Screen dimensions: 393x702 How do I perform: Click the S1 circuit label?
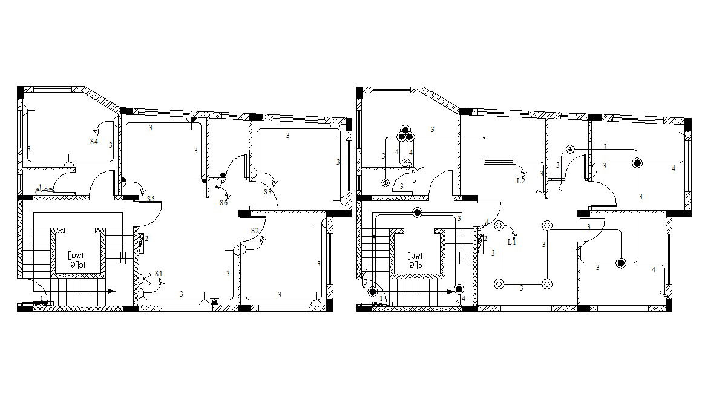[x=159, y=274]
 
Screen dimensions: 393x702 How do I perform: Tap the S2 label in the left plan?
[x=255, y=230]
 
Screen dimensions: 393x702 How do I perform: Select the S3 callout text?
[x=267, y=192]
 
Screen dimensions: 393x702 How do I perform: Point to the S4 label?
[x=94, y=141]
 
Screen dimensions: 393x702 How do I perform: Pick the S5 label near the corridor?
[x=150, y=199]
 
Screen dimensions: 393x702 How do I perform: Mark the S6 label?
[x=223, y=202]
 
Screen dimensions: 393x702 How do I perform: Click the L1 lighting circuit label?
[x=511, y=242]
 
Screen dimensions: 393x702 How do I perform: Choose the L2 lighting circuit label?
[x=520, y=180]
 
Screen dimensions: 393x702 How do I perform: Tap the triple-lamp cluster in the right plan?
[x=405, y=133]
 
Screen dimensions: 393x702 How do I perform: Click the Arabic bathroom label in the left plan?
[x=45, y=189]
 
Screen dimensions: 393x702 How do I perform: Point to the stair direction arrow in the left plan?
[x=111, y=291]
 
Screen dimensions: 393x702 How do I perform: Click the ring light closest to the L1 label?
[x=499, y=226]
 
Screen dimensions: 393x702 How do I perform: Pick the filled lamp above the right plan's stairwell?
[x=417, y=212]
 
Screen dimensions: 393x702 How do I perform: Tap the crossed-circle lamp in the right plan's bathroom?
[x=385, y=182]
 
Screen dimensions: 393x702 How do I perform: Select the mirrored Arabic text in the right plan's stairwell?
[x=416, y=260]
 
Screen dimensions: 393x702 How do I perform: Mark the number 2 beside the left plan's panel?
[x=146, y=239]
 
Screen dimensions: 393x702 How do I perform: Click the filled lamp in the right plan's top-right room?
[x=637, y=163]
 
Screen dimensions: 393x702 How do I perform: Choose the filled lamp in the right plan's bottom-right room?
[x=620, y=263]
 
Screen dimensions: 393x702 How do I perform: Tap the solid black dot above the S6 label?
[x=223, y=176]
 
